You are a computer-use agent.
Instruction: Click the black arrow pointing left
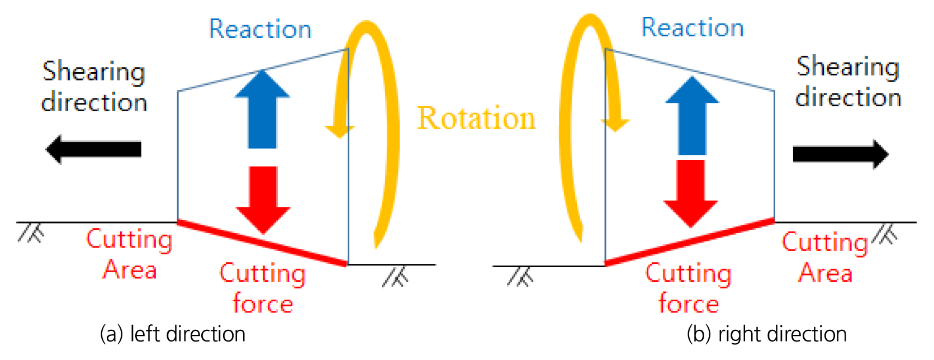tap(93, 149)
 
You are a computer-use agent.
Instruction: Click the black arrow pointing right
tap(840, 154)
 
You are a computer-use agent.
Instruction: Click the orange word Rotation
tap(476, 119)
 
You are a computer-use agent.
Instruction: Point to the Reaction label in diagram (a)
tap(260, 29)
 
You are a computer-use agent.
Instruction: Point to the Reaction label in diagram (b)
tap(693, 27)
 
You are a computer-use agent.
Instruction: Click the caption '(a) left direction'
tap(172, 334)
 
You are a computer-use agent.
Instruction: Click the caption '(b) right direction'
tap(766, 334)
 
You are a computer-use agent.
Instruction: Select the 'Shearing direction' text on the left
tap(94, 87)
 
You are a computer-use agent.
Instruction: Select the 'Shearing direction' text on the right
tap(848, 82)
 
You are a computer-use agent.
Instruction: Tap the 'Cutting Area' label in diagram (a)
tap(129, 254)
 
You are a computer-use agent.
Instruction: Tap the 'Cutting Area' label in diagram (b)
tap(825, 257)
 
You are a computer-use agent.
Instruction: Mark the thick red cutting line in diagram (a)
tap(262, 243)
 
